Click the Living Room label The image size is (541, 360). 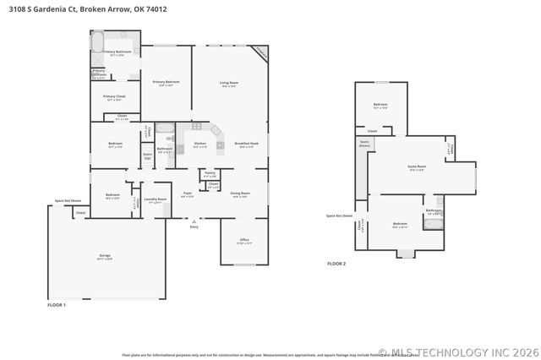(x=229, y=84)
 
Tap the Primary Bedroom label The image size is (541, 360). (x=167, y=83)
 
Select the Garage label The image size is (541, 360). (x=105, y=256)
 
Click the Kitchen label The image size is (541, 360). (x=200, y=145)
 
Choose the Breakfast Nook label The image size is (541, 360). (x=246, y=145)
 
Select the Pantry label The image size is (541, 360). (x=210, y=173)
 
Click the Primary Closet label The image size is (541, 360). (x=114, y=97)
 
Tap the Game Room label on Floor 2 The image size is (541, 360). (x=417, y=167)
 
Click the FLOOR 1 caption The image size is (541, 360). (x=56, y=304)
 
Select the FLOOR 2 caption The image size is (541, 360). (x=336, y=264)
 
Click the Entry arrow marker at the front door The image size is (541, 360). (x=194, y=221)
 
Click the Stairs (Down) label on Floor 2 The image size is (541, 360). (x=365, y=144)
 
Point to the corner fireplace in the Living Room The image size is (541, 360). (x=261, y=53)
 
